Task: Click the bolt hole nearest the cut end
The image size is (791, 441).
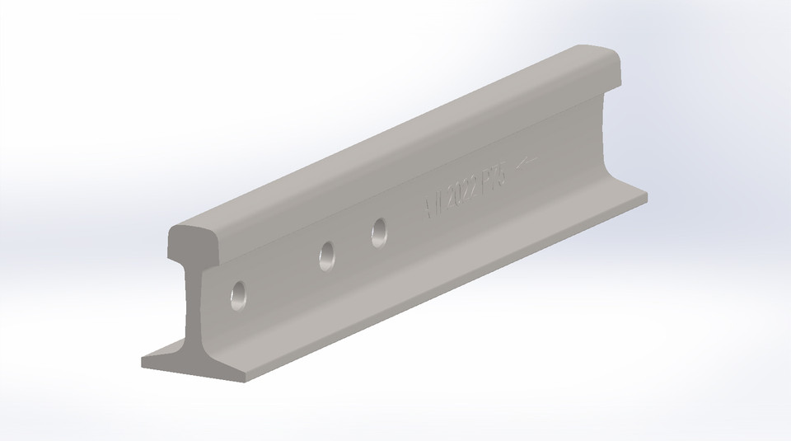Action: [x=239, y=295]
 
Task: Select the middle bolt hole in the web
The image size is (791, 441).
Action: [x=327, y=256]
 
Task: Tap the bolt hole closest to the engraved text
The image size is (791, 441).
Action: [x=379, y=232]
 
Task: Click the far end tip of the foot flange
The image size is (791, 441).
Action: [x=646, y=198]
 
